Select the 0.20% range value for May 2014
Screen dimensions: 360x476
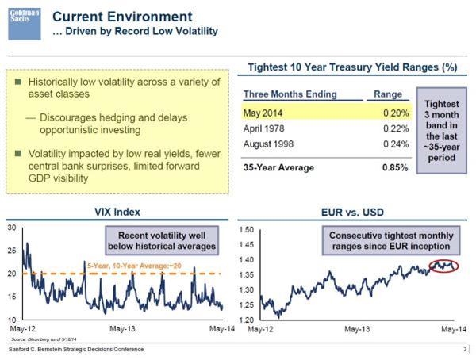click(394, 113)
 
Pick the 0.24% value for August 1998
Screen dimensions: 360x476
click(394, 146)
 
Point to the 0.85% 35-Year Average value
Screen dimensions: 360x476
click(394, 167)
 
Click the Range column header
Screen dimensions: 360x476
click(389, 94)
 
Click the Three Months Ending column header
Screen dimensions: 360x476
click(290, 94)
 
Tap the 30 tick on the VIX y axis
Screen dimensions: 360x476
click(11, 228)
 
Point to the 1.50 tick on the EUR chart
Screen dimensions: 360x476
click(245, 229)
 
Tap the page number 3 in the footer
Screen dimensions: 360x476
click(465, 349)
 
